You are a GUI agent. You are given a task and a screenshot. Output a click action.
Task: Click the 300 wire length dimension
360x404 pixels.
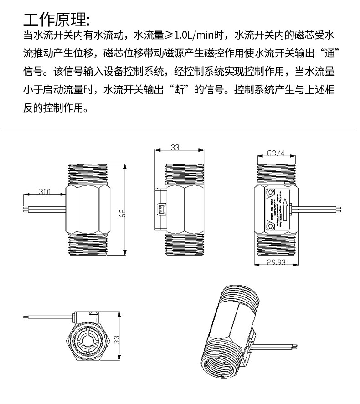coord(45,192)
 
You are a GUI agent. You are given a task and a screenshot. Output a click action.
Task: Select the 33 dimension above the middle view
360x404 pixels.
coord(175,147)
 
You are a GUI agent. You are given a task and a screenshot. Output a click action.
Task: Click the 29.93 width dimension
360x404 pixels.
coord(275,262)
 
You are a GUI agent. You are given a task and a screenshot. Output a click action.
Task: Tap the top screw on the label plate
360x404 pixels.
coord(272,192)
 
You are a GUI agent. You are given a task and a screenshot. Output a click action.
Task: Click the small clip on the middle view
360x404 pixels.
coord(160,209)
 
